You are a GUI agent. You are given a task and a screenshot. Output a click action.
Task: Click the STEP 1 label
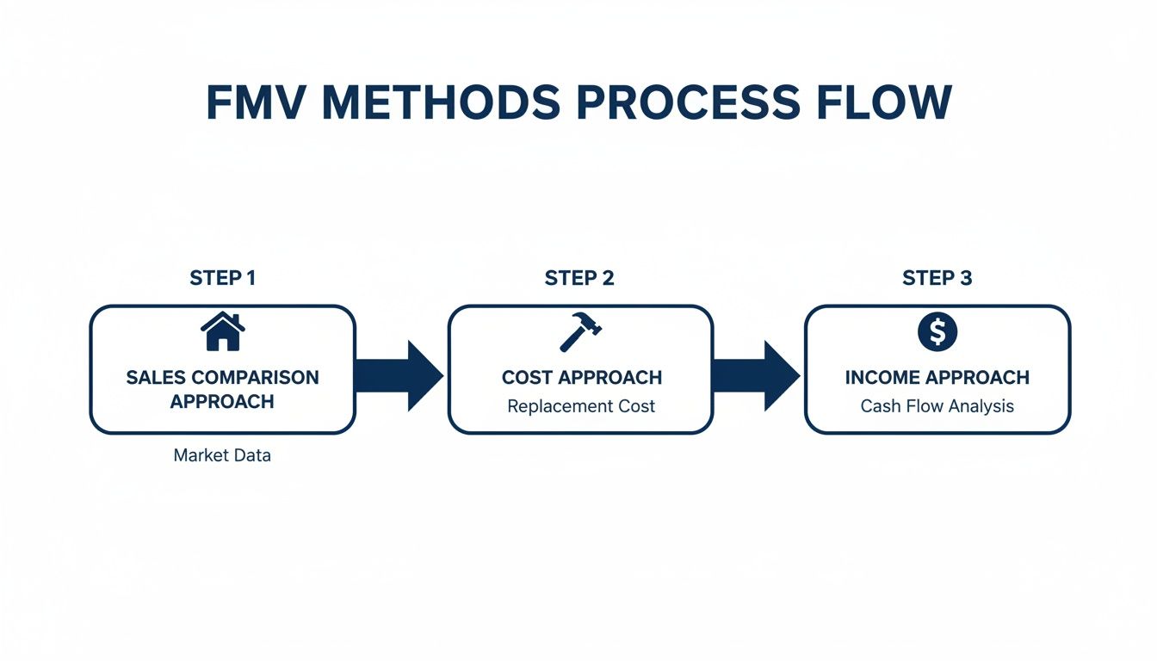pyautogui.click(x=222, y=278)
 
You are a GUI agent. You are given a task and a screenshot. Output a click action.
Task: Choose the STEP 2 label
pyautogui.click(x=579, y=278)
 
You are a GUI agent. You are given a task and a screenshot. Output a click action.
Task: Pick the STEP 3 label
pyautogui.click(x=937, y=278)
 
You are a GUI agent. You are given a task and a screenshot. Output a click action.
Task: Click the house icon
pyautogui.click(x=222, y=332)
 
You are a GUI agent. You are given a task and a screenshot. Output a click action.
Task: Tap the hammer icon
pyautogui.click(x=580, y=332)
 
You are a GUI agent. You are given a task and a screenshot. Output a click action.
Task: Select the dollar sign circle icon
pyautogui.click(x=937, y=332)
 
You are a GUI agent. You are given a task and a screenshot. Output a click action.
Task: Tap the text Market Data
pyautogui.click(x=222, y=455)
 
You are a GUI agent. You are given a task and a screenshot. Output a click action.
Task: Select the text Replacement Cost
pyautogui.click(x=581, y=406)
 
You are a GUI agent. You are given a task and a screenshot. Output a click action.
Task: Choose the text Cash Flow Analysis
pyautogui.click(x=937, y=406)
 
